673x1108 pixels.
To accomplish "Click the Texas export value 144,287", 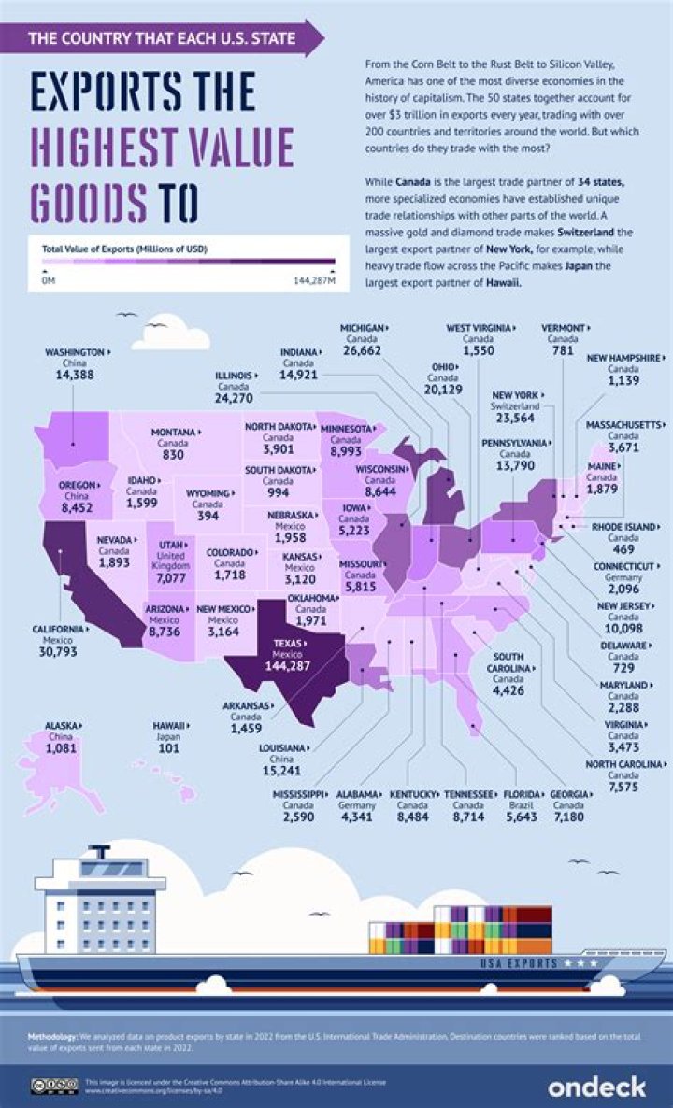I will [x=296, y=668].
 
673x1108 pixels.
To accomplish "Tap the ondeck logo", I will [x=597, y=1087].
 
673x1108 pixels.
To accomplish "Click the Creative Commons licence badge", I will [x=53, y=1087].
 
